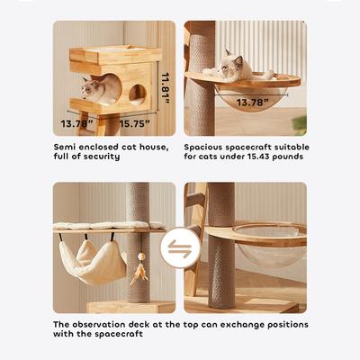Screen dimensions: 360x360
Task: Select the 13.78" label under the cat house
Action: coord(76,123)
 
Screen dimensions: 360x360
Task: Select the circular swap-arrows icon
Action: coord(180,248)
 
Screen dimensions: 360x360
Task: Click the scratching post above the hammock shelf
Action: coord(137,202)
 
